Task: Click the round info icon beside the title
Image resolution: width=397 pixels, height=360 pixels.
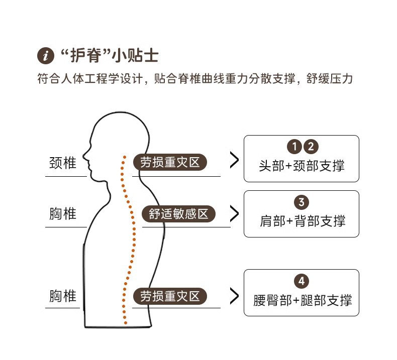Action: tap(45, 55)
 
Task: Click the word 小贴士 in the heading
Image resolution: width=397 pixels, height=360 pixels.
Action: tap(137, 55)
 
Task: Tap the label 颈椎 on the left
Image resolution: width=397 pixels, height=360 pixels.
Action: tap(63, 163)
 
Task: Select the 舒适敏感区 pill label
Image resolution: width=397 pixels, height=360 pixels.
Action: tap(178, 214)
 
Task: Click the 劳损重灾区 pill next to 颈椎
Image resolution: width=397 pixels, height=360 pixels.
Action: tap(170, 163)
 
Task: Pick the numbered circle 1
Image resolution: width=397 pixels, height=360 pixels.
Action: tap(294, 147)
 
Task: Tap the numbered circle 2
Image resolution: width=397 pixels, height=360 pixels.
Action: tap(311, 147)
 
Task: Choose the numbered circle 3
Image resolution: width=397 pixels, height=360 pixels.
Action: tap(301, 202)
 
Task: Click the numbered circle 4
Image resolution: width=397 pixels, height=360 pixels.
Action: tap(301, 281)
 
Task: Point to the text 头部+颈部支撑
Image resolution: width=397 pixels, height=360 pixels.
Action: tap(302, 166)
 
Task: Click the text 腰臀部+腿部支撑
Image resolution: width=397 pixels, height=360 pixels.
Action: tap(302, 300)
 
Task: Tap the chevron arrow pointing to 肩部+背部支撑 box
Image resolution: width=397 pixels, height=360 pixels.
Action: tap(234, 214)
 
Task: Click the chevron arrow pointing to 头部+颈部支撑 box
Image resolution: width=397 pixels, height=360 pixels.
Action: tap(234, 160)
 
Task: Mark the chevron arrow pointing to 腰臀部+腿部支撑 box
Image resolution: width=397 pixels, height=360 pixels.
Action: tap(234, 296)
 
